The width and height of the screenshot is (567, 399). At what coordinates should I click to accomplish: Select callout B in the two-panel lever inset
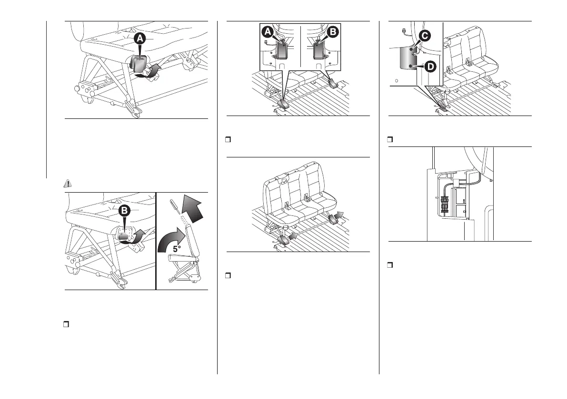[x=333, y=32]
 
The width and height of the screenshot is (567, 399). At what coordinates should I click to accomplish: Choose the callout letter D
[x=429, y=67]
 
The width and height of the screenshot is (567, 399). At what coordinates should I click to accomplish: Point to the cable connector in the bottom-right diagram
[x=446, y=205]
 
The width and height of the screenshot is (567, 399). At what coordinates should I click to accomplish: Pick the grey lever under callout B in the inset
[x=319, y=50]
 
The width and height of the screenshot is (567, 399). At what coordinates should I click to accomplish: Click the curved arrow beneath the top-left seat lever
[x=148, y=73]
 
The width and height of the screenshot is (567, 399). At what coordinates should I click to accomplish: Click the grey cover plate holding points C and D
[x=407, y=58]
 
